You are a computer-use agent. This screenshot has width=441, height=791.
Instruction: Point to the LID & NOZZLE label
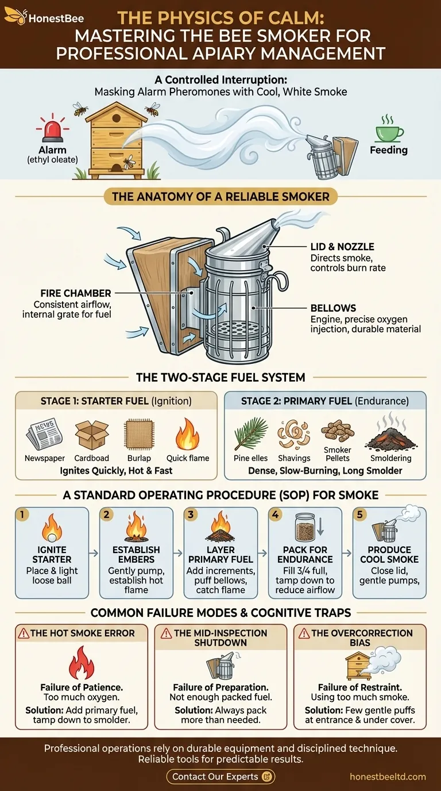click(x=343, y=247)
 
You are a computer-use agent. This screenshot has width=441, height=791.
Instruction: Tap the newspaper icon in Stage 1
click(x=44, y=432)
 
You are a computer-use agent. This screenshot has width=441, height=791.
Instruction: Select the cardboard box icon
click(x=91, y=432)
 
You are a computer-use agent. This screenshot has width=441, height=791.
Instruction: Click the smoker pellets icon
click(x=338, y=431)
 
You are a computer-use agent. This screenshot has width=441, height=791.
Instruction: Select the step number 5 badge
click(x=359, y=514)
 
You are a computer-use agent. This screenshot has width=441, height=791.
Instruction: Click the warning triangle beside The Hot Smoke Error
click(x=24, y=633)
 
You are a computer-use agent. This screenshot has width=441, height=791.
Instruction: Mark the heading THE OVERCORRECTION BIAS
click(x=362, y=638)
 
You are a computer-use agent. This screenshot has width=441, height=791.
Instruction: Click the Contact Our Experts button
click(x=220, y=777)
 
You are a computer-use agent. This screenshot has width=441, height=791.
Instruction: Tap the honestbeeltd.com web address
click(x=388, y=777)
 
